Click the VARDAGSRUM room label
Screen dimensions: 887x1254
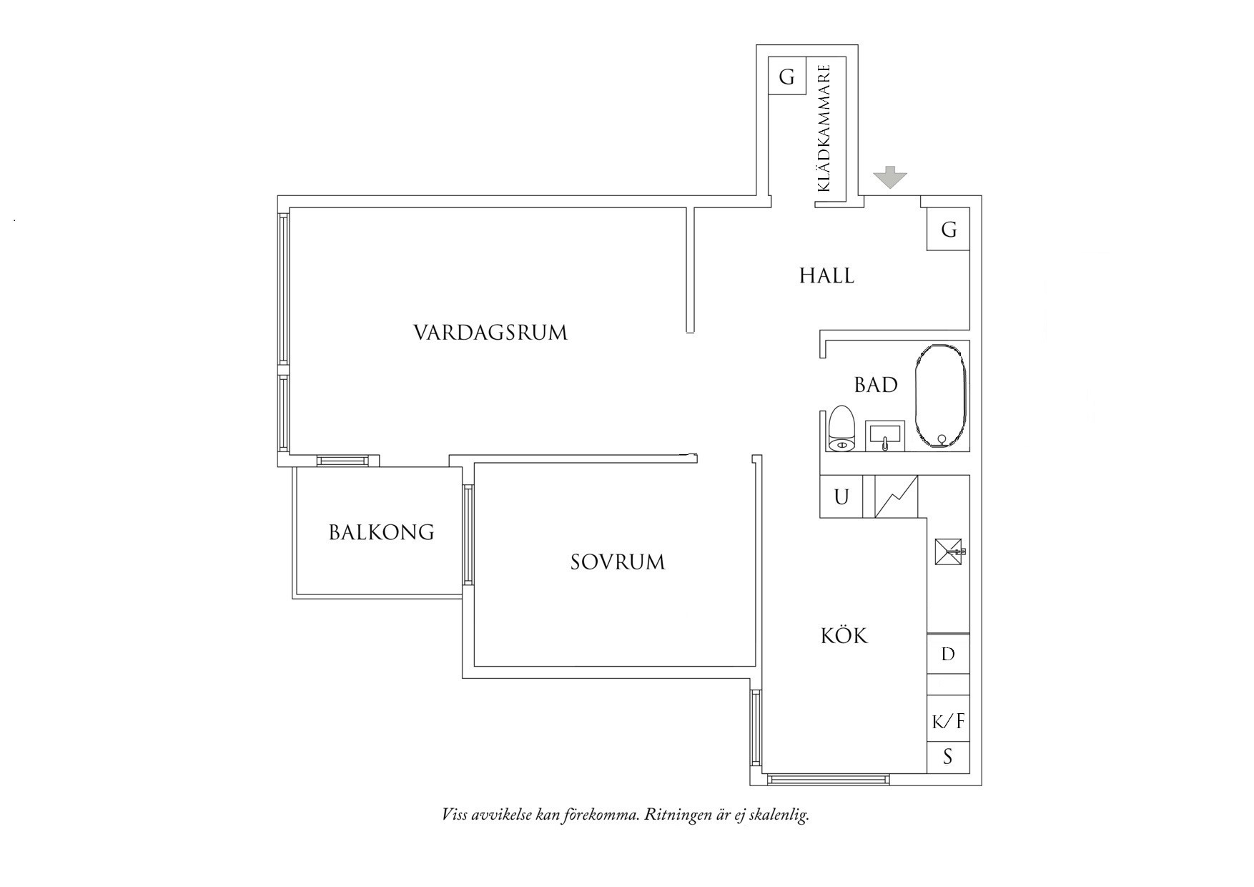click(x=490, y=333)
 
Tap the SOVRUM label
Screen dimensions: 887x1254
click(x=618, y=562)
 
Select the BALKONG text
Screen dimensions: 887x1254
click(x=381, y=532)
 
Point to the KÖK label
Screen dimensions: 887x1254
click(x=844, y=635)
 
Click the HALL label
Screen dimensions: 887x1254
click(x=826, y=275)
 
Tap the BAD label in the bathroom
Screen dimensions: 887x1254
click(x=876, y=385)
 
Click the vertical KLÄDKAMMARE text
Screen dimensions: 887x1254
click(x=824, y=129)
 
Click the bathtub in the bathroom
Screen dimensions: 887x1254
click(x=941, y=397)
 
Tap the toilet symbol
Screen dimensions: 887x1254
click(x=842, y=429)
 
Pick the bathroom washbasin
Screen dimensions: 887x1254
click(x=885, y=436)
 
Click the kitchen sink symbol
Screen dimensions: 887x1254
click(x=949, y=552)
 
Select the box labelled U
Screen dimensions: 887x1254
click(x=841, y=496)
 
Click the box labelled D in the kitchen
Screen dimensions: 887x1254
click(x=948, y=654)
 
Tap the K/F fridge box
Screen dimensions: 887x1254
click(x=948, y=721)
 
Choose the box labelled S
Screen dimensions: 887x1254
click(x=948, y=757)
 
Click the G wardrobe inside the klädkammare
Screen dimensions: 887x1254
click(x=786, y=76)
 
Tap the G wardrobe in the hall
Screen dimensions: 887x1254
click(x=948, y=230)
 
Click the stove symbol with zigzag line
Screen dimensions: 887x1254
click(x=896, y=496)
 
